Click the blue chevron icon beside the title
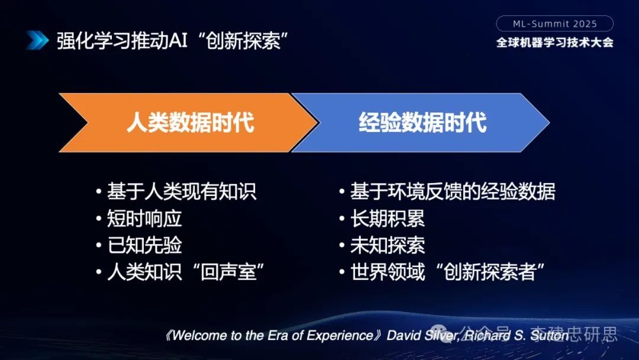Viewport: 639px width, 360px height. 37,40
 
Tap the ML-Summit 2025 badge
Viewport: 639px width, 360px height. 554,24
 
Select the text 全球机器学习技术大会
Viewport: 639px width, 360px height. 554,43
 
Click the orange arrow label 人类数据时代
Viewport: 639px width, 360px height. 190,123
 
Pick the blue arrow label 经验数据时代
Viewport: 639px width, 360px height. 422,123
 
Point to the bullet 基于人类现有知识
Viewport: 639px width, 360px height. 181,192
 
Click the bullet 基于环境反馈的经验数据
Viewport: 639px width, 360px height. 453,192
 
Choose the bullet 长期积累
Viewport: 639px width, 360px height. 387,218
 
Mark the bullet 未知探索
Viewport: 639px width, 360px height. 387,245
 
